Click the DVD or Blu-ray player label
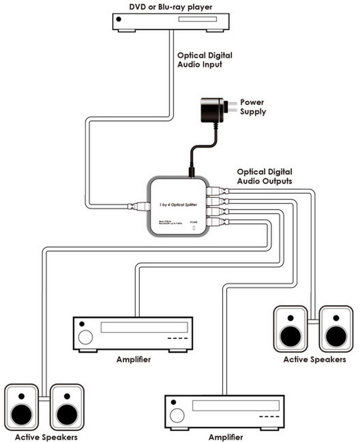coord(171,6)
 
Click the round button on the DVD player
coord(119,19)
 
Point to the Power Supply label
coord(254,107)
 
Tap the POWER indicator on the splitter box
coord(193,226)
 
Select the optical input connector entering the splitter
coord(139,206)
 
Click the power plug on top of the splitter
coord(190,173)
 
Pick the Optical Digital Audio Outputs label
coord(264,177)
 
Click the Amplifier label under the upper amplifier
coord(133,360)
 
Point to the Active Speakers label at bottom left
coord(46,437)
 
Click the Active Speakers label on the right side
coord(315,360)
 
